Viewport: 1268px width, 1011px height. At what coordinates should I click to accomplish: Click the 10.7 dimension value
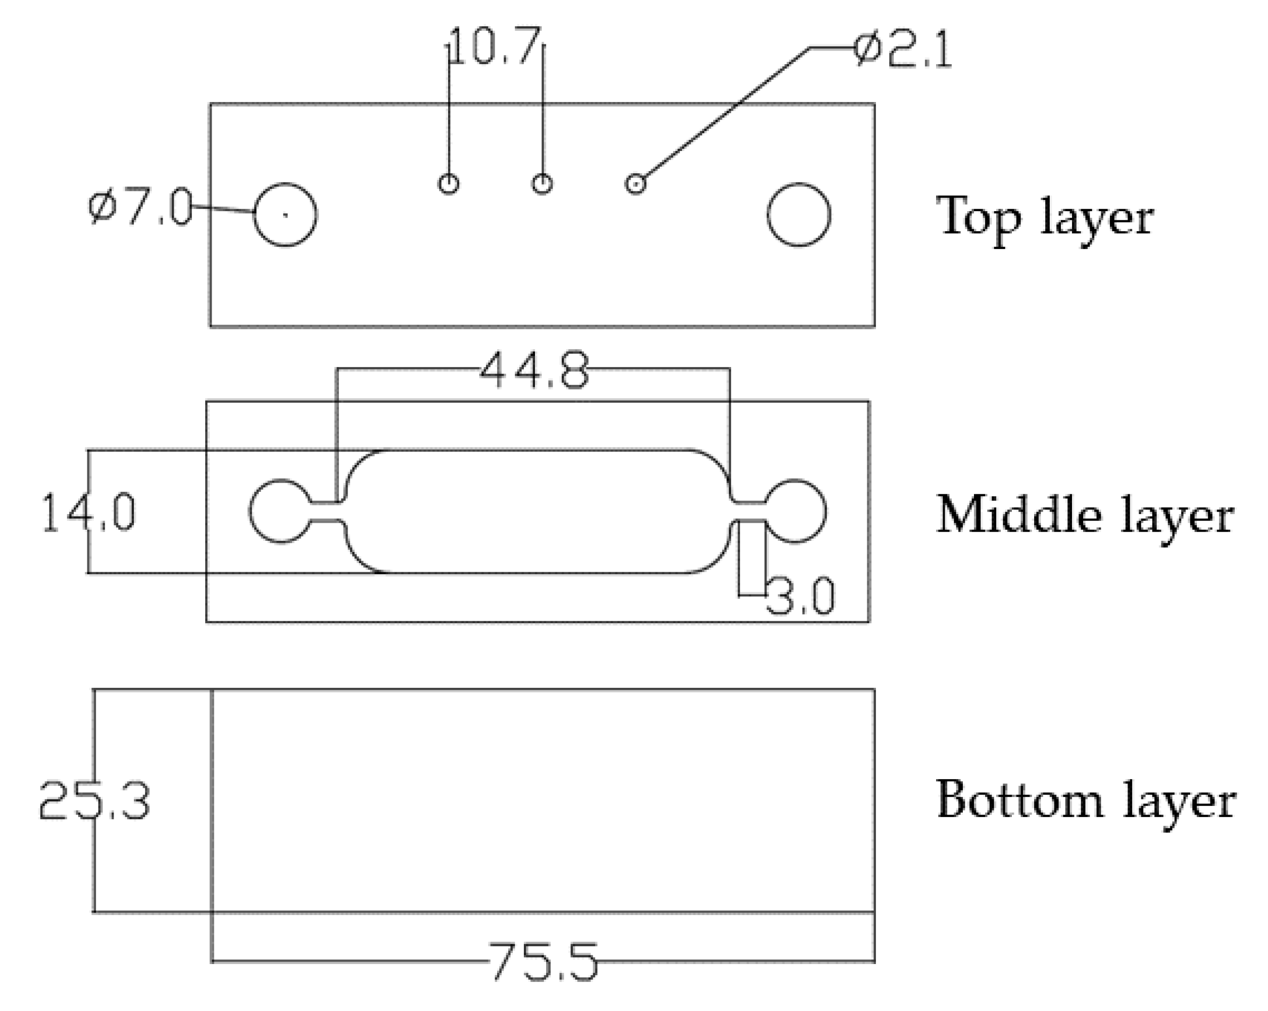494,46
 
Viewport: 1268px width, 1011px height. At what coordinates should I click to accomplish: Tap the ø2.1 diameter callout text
902,51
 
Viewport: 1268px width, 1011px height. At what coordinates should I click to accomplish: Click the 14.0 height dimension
88,513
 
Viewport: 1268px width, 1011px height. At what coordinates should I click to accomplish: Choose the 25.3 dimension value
94,800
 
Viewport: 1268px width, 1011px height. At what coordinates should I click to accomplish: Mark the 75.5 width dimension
542,962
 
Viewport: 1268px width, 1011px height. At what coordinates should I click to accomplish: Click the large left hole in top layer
285,215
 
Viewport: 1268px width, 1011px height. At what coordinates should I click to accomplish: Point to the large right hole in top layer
799,215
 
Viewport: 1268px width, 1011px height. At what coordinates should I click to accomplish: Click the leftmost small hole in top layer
449,184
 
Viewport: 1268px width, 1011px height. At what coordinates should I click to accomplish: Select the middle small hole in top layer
542,184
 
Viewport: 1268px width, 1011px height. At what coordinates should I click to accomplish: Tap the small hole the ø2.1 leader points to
635,184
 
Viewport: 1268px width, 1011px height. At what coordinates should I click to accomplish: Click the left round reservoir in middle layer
280,512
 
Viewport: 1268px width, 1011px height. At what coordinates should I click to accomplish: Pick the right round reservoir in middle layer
796,512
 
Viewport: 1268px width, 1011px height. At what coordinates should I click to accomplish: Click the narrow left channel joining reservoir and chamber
326,512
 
